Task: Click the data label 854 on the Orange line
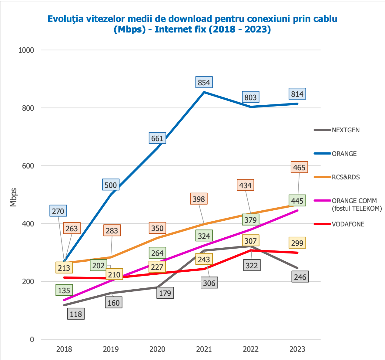tap(204, 83)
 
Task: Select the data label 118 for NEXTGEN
tap(76, 314)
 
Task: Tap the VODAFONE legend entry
tap(348, 224)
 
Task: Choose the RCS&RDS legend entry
tap(346, 177)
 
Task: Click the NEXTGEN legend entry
tap(346, 130)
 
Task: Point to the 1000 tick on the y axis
tap(26, 50)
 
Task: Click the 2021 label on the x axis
tap(204, 349)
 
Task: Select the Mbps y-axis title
tap(13, 198)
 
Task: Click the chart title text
tap(192, 24)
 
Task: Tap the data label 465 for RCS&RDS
tap(299, 167)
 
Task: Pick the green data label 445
tap(297, 201)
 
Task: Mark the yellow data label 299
tap(297, 243)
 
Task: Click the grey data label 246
tap(300, 277)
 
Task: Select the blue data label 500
tap(111, 185)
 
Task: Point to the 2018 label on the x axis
tap(64, 349)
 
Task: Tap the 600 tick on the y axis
tap(28, 166)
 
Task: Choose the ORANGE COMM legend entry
tap(354, 204)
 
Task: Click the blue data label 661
tap(157, 138)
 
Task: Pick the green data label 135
tap(64, 290)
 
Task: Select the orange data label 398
tap(199, 199)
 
